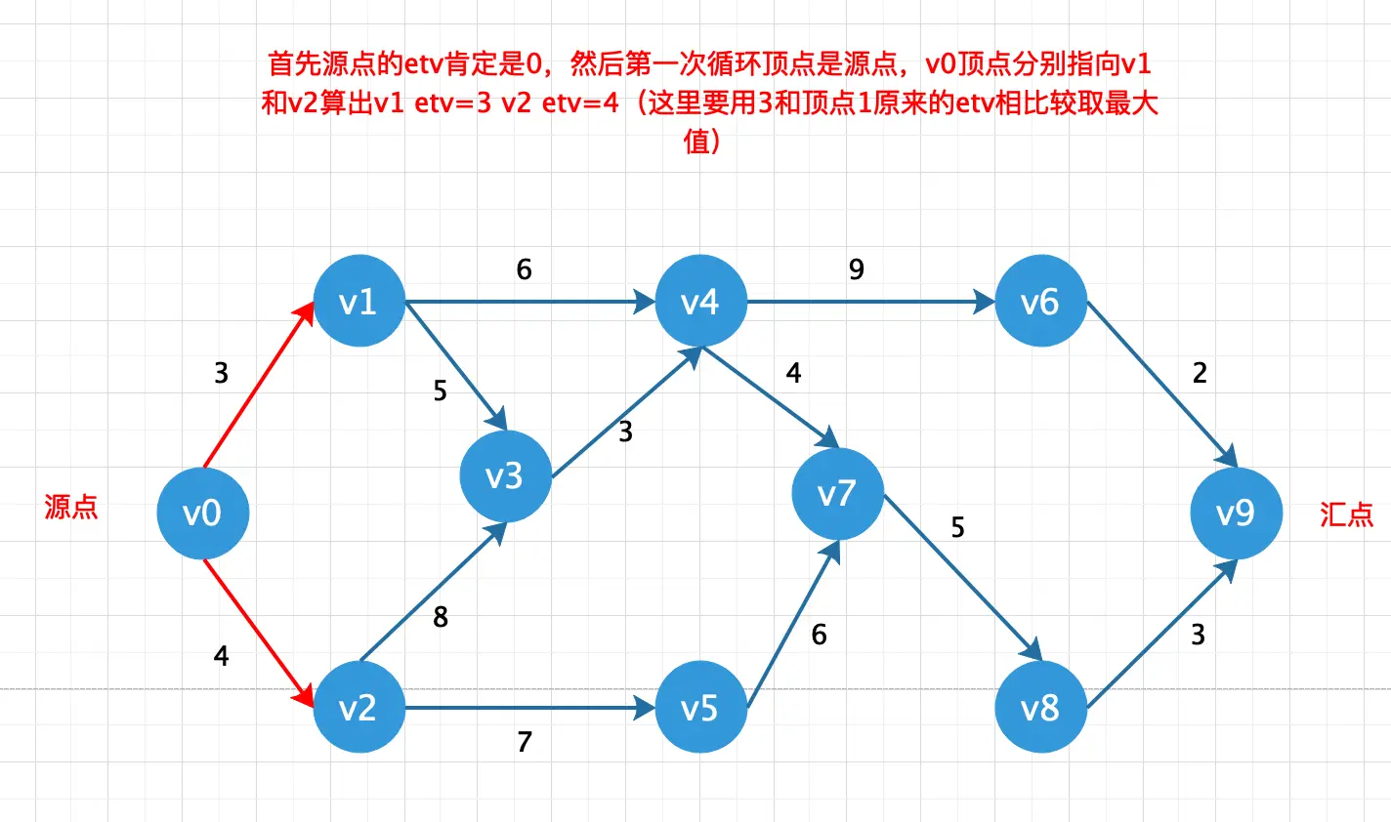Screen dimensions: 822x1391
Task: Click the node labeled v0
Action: [x=203, y=513]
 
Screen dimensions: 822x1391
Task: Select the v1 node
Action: [x=358, y=302]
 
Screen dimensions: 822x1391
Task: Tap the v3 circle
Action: [x=505, y=475]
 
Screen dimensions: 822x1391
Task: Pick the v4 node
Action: [x=700, y=302]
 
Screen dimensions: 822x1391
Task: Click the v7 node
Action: [x=837, y=493]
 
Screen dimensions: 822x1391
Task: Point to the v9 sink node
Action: [x=1236, y=513]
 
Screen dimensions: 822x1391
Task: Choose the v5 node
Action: [x=700, y=708]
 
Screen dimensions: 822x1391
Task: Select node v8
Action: [x=1040, y=708]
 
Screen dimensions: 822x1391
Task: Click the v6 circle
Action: [x=1040, y=302]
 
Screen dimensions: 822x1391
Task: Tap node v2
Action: [x=358, y=708]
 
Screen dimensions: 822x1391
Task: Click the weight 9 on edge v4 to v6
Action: [x=857, y=269]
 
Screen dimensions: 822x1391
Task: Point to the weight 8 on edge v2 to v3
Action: [x=441, y=617]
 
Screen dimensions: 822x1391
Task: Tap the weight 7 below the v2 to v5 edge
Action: [x=525, y=742]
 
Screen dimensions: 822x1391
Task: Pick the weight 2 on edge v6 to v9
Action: [x=1200, y=372]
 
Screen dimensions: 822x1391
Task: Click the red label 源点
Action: [x=71, y=507]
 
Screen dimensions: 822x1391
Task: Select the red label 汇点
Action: [x=1346, y=514]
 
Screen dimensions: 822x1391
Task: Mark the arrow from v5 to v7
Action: [x=792, y=625]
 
